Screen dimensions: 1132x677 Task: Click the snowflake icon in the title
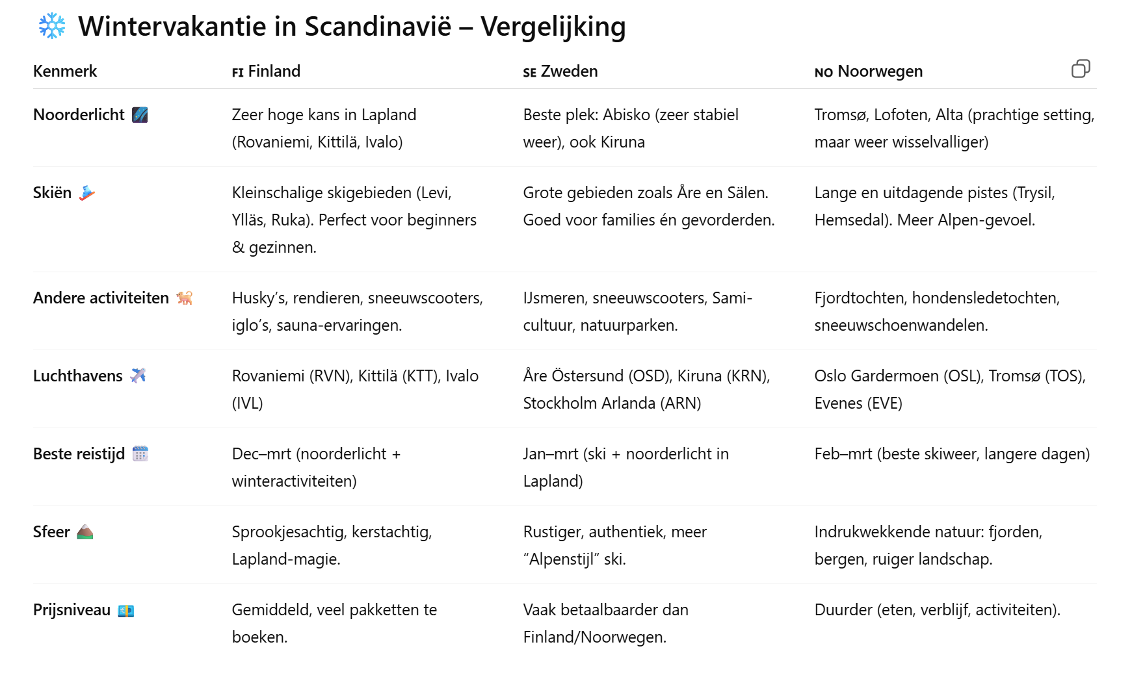point(52,26)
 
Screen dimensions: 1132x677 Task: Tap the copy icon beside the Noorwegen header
point(1080,69)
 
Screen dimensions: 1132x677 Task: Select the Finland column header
point(267,71)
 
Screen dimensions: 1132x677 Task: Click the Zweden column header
point(560,71)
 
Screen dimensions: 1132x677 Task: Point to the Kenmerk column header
point(65,71)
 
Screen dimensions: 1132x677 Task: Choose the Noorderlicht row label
point(79,115)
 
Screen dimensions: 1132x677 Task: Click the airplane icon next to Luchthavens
point(138,376)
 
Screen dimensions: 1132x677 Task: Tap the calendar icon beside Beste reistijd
point(140,453)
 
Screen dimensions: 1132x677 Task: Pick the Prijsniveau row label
point(72,610)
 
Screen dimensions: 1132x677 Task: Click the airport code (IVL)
point(248,403)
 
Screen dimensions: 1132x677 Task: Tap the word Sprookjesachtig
point(289,532)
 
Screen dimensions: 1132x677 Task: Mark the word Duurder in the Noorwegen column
point(843,610)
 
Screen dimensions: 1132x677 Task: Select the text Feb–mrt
point(843,454)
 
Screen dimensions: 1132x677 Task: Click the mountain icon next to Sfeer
point(85,532)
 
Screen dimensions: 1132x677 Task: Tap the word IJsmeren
point(553,298)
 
